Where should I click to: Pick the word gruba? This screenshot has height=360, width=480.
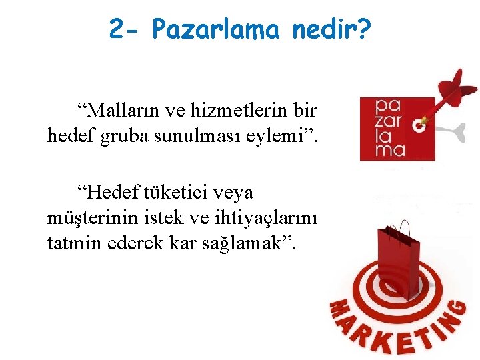pos(127,137)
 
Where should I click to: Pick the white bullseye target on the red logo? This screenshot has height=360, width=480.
pos(420,124)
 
